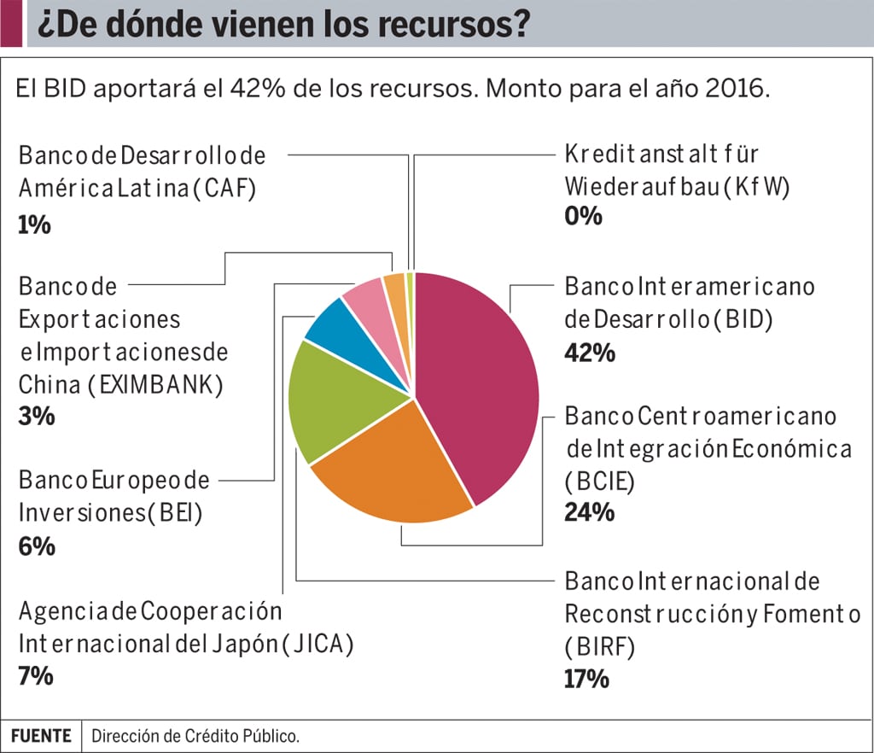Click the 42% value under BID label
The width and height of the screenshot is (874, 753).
point(590,353)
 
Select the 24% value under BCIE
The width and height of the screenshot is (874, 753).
point(589,512)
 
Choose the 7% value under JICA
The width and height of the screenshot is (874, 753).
point(36,675)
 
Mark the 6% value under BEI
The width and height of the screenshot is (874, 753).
point(37,546)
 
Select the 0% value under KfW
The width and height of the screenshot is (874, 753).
point(584,216)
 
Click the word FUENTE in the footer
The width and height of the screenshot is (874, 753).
point(41,735)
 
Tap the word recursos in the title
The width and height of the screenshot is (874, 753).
point(456,26)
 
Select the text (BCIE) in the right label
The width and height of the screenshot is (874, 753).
point(599,481)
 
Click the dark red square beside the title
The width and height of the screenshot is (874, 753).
point(11,24)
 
